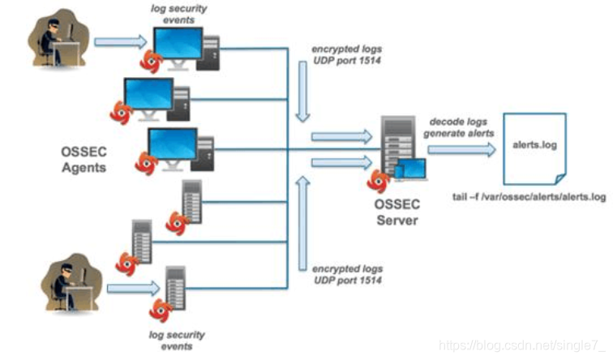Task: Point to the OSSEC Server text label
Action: pos(397,213)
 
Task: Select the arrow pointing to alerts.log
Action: pos(461,149)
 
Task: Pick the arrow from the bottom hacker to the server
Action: pos(130,285)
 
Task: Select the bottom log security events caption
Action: pos(177,340)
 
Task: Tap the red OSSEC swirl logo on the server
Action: pos(378,179)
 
